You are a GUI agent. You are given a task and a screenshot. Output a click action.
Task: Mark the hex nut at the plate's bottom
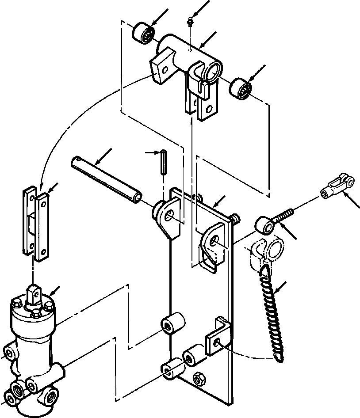click(199, 378)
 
